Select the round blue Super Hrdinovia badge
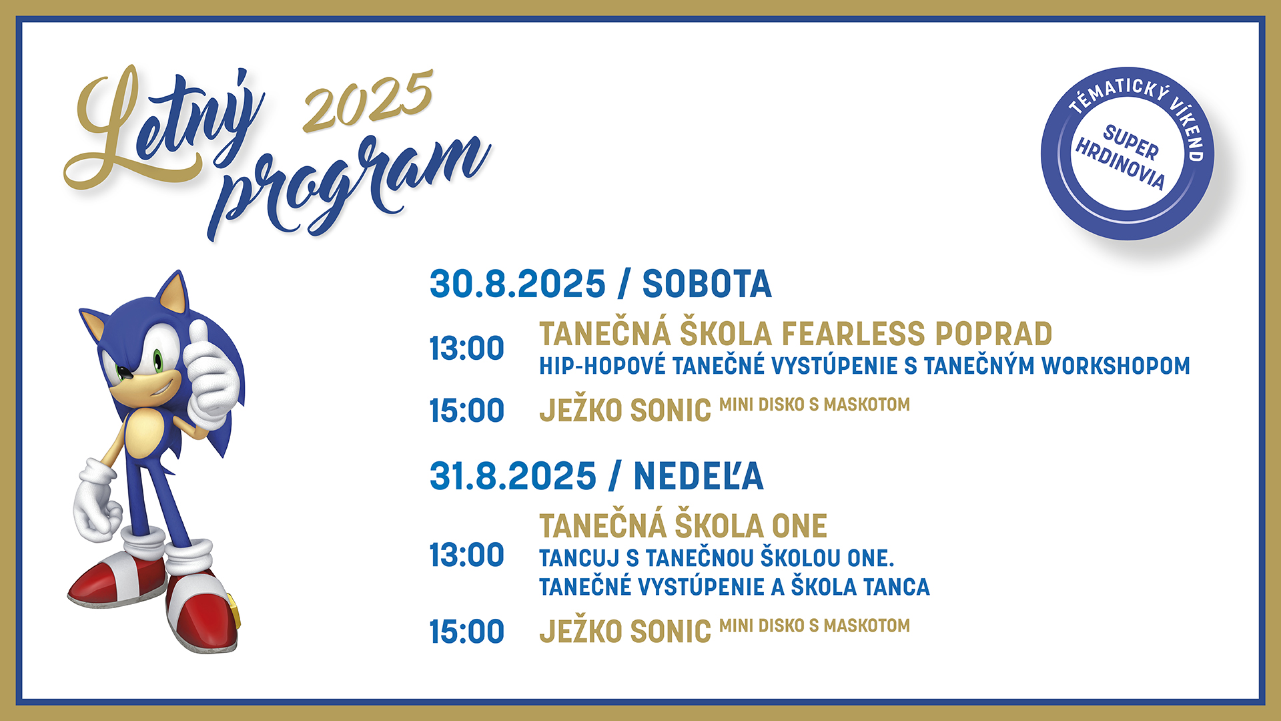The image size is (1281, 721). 1127,154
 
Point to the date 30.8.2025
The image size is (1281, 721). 517,284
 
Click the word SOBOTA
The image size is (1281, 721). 707,284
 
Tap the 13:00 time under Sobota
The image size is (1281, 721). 466,348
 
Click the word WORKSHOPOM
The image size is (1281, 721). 1116,366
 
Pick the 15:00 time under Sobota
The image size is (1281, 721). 466,411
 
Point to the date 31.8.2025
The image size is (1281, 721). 512,476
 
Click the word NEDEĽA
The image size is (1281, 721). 698,476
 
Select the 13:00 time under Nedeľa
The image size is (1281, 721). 466,555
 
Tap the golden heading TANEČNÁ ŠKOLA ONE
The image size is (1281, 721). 683,526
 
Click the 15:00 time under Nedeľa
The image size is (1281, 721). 466,632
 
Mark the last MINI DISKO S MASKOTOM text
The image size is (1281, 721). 814,626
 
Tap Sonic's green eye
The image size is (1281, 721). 158,361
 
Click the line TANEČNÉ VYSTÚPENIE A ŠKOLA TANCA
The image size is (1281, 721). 734,587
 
